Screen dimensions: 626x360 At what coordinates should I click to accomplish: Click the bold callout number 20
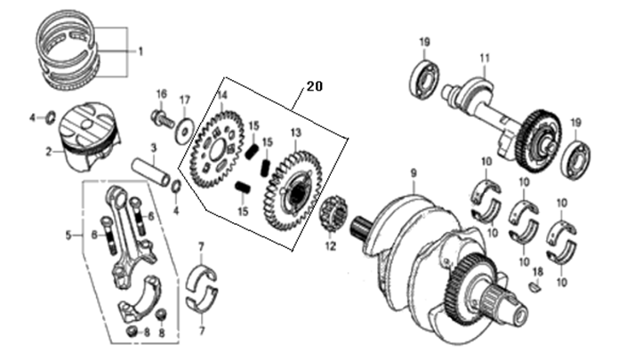[315, 86]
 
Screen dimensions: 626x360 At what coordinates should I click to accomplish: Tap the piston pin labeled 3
[153, 172]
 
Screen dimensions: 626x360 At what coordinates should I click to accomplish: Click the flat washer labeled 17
[184, 129]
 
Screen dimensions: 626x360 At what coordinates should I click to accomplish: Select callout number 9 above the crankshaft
[413, 173]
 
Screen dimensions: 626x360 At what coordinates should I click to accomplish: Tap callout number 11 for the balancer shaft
[485, 59]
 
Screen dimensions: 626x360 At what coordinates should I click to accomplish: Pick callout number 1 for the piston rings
[140, 52]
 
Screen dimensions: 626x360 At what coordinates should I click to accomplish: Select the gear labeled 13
[293, 192]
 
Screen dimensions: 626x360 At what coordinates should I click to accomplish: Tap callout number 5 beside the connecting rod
[68, 236]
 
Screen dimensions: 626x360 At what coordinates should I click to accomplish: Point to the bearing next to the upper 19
[424, 79]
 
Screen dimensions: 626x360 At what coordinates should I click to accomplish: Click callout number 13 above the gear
[295, 132]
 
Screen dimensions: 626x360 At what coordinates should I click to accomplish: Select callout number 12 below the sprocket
[331, 246]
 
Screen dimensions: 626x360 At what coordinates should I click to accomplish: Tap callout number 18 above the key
[538, 272]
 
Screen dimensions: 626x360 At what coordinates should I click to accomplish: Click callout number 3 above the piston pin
[154, 148]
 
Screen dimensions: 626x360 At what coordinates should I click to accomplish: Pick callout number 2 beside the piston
[48, 152]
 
